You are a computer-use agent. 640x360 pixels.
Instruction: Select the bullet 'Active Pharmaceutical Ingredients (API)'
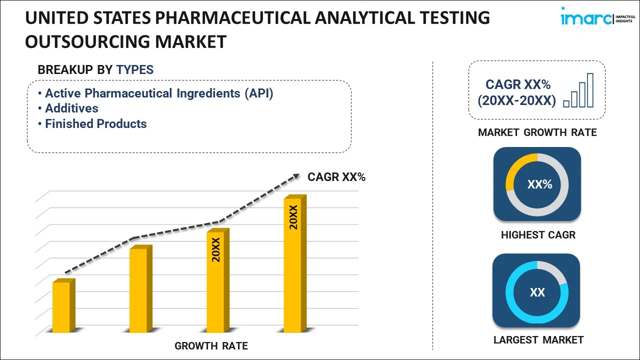[159, 93]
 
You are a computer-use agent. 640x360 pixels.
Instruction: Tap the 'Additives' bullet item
[71, 108]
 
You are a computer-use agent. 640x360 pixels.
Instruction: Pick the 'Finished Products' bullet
[95, 124]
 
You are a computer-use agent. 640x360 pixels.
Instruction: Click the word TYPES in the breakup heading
[135, 70]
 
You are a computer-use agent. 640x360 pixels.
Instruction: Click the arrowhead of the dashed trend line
[296, 176]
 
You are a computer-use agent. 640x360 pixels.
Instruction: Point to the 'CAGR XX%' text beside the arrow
[336, 176]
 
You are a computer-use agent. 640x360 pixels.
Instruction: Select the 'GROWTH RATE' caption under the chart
[211, 346]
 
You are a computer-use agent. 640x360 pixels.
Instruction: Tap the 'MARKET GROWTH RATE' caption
[537, 132]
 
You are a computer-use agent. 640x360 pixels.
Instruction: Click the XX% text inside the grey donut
[539, 184]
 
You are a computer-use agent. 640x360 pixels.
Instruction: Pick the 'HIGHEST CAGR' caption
[538, 235]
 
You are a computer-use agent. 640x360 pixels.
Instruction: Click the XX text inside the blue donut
[537, 292]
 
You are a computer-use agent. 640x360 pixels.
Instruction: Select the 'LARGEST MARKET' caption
[538, 340]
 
